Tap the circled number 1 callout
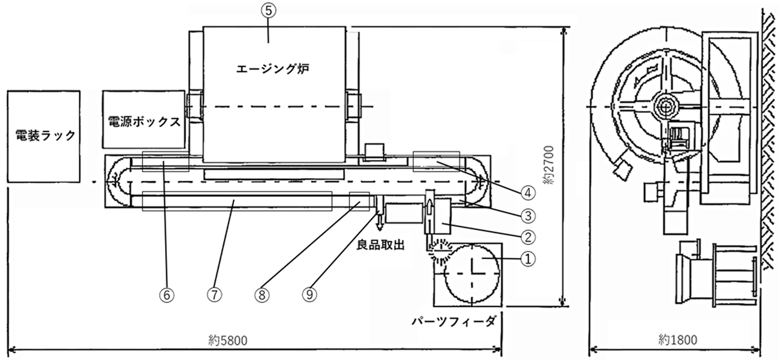[528, 259]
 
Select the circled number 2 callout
[528, 237]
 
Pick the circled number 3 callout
[528, 215]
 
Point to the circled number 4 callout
[528, 193]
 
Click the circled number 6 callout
[167, 295]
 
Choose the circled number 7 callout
[214, 295]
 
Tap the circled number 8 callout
[262, 295]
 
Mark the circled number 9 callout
[310, 295]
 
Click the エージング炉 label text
[273, 69]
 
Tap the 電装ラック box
[44, 136]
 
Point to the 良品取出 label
[380, 245]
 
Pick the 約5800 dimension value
[227, 340]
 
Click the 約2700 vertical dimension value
[549, 165]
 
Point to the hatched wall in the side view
[770, 137]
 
